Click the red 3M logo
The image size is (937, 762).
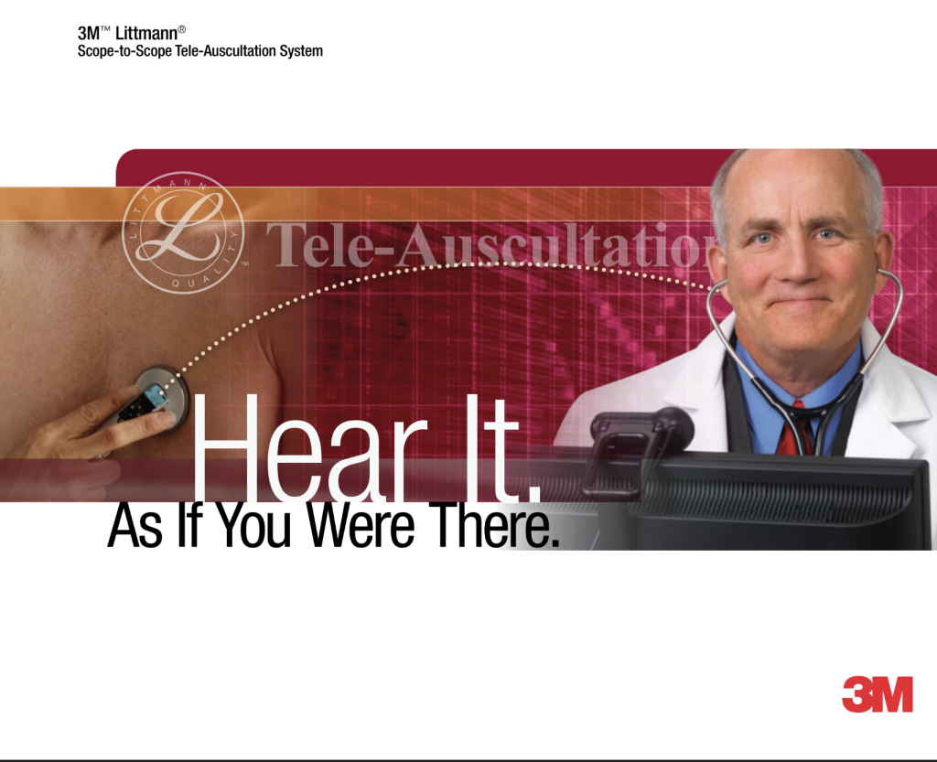tap(878, 694)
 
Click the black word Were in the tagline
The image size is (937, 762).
tap(361, 525)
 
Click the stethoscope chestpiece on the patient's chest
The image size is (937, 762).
tap(161, 395)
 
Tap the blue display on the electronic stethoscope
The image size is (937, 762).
tap(155, 395)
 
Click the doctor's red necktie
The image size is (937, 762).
tap(795, 431)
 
